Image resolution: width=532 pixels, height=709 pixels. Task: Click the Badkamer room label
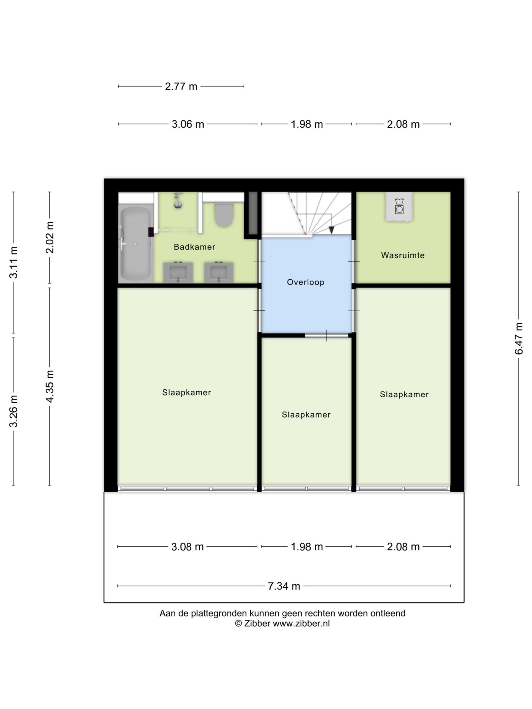[194, 247]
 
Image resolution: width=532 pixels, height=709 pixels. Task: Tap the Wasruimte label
[403, 255]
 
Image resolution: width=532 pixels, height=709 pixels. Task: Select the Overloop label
[305, 282]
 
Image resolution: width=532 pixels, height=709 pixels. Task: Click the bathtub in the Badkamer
[135, 244]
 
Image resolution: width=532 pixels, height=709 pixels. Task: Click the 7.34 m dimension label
[284, 586]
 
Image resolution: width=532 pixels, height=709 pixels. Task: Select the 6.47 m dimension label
[518, 338]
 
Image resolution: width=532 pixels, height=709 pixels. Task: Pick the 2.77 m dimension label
[181, 86]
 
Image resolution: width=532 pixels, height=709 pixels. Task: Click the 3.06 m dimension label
[188, 124]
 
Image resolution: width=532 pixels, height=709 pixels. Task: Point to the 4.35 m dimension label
[50, 386]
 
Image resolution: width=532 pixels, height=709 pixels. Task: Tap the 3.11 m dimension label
[14, 262]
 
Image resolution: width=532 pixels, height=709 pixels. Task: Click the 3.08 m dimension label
[187, 547]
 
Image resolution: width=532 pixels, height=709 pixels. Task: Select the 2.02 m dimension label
[50, 237]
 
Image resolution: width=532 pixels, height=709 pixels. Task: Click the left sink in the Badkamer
[178, 272]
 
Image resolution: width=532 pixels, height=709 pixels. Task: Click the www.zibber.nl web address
[301, 623]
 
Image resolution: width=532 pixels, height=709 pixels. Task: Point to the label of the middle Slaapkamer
[306, 414]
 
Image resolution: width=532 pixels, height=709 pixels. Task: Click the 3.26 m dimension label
[14, 411]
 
